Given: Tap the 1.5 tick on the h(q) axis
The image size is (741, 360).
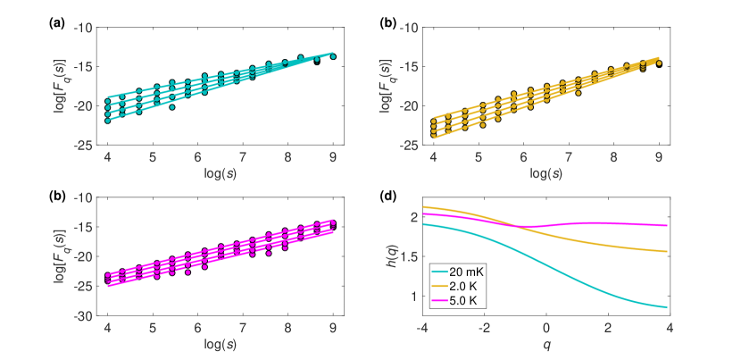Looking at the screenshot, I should (407, 257).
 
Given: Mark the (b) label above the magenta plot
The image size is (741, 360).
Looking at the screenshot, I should (55, 196).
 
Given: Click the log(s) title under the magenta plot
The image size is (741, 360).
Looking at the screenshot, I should (221, 344).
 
